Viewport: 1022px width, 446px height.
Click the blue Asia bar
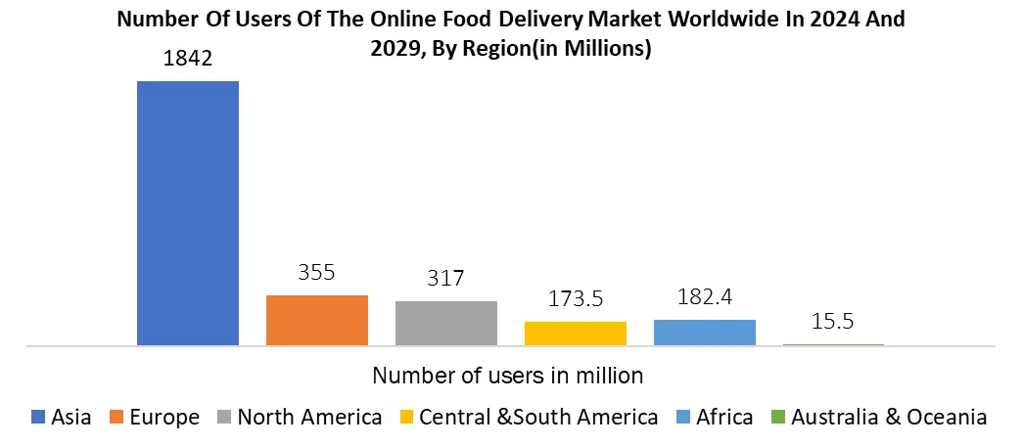tap(187, 212)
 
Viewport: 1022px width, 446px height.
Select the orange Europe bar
tap(316, 320)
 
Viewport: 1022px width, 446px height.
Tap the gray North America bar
tap(445, 323)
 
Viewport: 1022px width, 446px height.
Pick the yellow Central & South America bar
tap(575, 333)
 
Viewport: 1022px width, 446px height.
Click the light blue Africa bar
tap(704, 332)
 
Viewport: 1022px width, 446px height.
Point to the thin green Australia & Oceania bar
tap(833, 344)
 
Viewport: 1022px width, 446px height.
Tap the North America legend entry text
tap(309, 418)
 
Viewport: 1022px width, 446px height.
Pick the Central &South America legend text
tap(538, 418)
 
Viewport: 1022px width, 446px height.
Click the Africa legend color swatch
tap(682, 418)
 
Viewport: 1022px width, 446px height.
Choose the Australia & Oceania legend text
tap(889, 418)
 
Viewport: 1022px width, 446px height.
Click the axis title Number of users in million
tap(508, 375)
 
